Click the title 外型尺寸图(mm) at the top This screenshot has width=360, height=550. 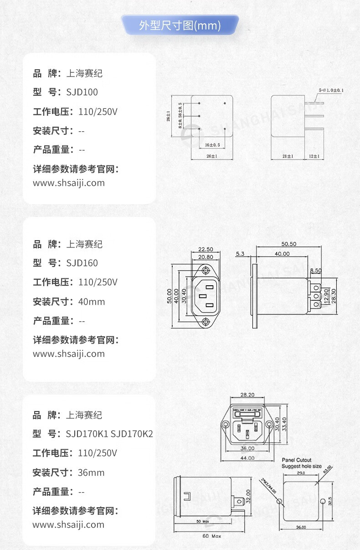(180, 26)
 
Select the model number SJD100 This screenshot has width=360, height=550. (82, 92)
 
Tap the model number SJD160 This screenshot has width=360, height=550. (82, 263)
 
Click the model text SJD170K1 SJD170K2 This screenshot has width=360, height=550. (109, 434)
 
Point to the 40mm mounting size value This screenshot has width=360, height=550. (91, 302)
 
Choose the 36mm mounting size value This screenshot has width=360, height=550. (91, 473)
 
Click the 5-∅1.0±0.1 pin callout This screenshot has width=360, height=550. (331, 90)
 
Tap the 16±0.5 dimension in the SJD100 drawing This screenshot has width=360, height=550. (213, 145)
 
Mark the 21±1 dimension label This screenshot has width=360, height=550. (287, 156)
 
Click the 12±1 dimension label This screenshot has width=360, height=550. (314, 156)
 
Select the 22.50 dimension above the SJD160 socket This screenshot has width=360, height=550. (206, 250)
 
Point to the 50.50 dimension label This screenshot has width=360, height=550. (288, 244)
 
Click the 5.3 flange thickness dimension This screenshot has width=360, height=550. (241, 253)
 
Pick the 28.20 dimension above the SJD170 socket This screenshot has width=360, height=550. (247, 395)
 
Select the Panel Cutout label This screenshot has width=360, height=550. (297, 461)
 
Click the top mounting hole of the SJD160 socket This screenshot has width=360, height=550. (206, 270)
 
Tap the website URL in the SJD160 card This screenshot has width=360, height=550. (69, 354)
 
